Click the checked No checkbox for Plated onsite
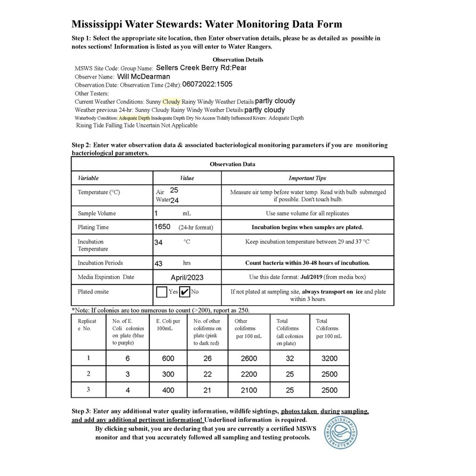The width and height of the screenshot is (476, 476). coord(185,292)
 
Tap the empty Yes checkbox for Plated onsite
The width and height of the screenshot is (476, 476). coord(161,292)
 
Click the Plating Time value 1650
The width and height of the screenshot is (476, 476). coord(162,227)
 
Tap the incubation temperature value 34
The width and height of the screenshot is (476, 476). coord(158,242)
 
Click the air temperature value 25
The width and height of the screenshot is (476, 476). coord(174,190)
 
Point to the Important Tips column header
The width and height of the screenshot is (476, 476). coord(307,178)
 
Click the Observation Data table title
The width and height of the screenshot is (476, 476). coord(233,164)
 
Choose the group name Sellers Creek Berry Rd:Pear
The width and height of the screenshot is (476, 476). coord(201,68)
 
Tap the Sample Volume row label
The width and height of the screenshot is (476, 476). coord(97,213)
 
